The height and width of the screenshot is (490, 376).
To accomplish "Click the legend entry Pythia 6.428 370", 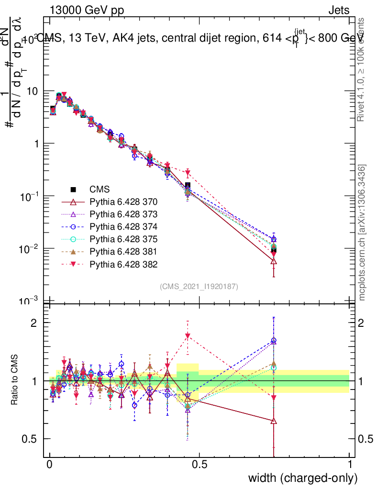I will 123,201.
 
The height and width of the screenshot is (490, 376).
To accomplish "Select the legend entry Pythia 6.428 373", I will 123,214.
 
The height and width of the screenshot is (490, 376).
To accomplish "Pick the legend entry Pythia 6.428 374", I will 123,226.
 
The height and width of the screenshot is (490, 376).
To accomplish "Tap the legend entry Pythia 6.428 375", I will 123,239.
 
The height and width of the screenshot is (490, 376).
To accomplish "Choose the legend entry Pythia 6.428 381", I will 123,251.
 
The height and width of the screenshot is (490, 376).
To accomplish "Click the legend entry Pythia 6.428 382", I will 123,264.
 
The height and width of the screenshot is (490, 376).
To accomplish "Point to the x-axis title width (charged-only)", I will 303,478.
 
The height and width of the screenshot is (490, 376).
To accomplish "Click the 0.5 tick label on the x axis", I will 199,464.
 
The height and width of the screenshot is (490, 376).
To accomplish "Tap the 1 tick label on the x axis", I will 350,464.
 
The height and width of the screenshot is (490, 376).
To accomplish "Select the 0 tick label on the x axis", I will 50,464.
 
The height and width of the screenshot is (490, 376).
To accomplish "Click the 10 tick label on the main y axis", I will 33,91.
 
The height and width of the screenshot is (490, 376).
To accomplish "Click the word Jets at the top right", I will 339,11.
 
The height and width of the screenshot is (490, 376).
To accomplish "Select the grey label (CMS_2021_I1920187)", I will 199,286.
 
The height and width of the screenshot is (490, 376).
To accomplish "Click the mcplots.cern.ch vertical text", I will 363,233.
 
